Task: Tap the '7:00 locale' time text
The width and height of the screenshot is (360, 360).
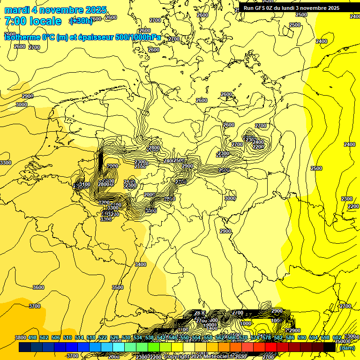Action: point(33,21)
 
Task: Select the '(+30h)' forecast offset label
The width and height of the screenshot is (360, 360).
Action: point(81,21)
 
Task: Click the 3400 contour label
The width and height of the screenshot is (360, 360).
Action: point(141,265)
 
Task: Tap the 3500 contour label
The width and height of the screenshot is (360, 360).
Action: point(118,287)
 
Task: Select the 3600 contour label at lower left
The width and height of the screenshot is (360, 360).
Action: point(38,287)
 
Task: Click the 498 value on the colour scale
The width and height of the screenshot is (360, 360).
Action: point(32,338)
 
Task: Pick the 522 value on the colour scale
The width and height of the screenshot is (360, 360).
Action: point(103,338)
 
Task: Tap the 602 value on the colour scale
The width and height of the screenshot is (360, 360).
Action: point(337,338)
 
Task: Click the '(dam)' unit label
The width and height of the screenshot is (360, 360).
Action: point(347,348)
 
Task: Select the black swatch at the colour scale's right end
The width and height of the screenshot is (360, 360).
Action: point(330,347)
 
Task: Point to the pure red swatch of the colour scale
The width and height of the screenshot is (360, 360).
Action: point(271,347)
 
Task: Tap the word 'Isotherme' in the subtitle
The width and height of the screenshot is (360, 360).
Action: point(22,37)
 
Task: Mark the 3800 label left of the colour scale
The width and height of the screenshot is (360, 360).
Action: point(20,338)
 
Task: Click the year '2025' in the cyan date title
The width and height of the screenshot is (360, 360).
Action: point(96,10)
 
